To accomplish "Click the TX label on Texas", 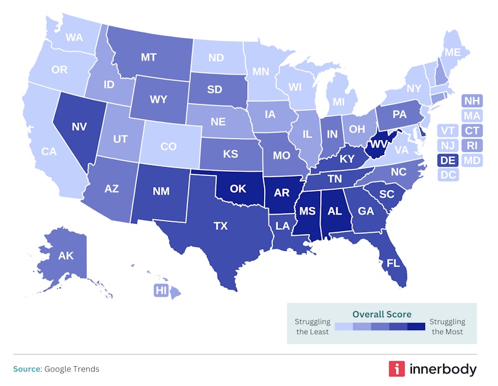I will [x=221, y=226].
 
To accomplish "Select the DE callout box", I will [x=448, y=160].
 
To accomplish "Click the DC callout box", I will [x=448, y=176].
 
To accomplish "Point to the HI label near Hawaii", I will [x=161, y=291].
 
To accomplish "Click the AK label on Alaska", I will [x=66, y=256].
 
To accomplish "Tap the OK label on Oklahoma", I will [x=238, y=189].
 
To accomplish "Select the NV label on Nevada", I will [x=79, y=127].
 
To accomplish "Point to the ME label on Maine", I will [x=452, y=53].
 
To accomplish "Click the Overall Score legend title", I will [x=382, y=314].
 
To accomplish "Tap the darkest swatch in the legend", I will [x=416, y=327].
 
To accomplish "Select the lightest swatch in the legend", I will [x=344, y=327].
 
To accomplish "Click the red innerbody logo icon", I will [x=396, y=369].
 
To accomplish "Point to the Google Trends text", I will [x=72, y=369].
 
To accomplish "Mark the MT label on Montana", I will [x=149, y=58].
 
